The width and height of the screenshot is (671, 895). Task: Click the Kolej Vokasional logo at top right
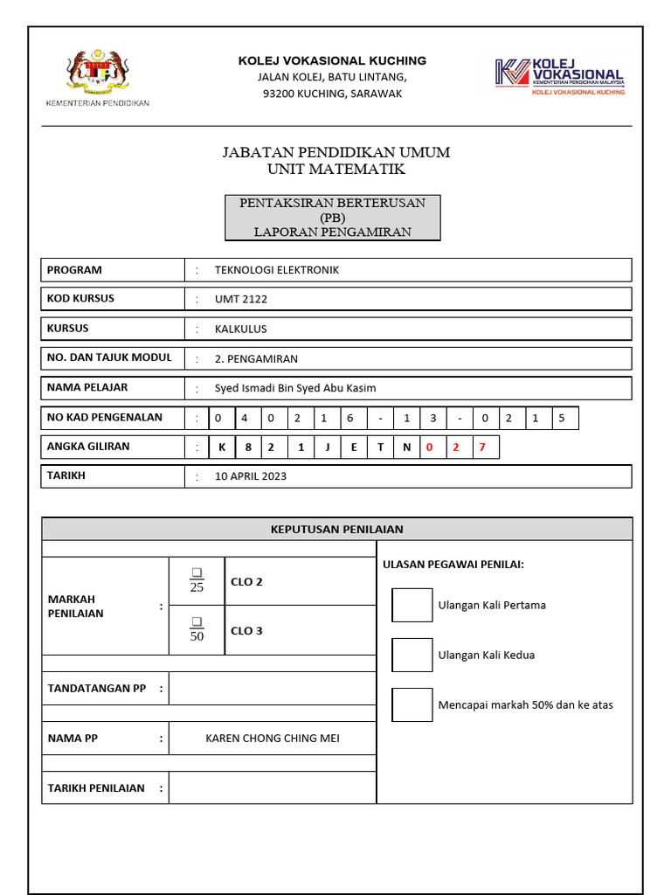coord(559,76)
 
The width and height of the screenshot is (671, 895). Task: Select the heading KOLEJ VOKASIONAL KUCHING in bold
coord(333,60)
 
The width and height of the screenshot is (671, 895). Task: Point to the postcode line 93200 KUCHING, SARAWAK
coord(333,94)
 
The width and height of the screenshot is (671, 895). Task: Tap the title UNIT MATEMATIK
coord(336,169)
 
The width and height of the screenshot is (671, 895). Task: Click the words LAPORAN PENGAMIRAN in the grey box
coord(332,232)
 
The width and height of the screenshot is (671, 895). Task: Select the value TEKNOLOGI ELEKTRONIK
coord(277,270)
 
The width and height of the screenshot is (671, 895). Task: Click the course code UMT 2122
coord(241,299)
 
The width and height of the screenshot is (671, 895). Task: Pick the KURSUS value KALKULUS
coord(241,329)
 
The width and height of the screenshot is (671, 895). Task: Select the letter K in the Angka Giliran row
coord(222,447)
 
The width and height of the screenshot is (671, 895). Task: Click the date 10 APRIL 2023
coord(251,476)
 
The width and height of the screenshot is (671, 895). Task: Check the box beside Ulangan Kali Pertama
coord(412,605)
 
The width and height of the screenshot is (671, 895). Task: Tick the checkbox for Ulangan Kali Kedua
coord(412,655)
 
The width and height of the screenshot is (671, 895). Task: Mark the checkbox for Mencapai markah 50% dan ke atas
coord(412,704)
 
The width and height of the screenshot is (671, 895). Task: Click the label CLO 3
coord(246,630)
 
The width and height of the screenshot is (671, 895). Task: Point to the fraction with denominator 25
coord(197,581)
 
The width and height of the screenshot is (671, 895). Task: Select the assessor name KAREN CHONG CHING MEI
coord(273,739)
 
